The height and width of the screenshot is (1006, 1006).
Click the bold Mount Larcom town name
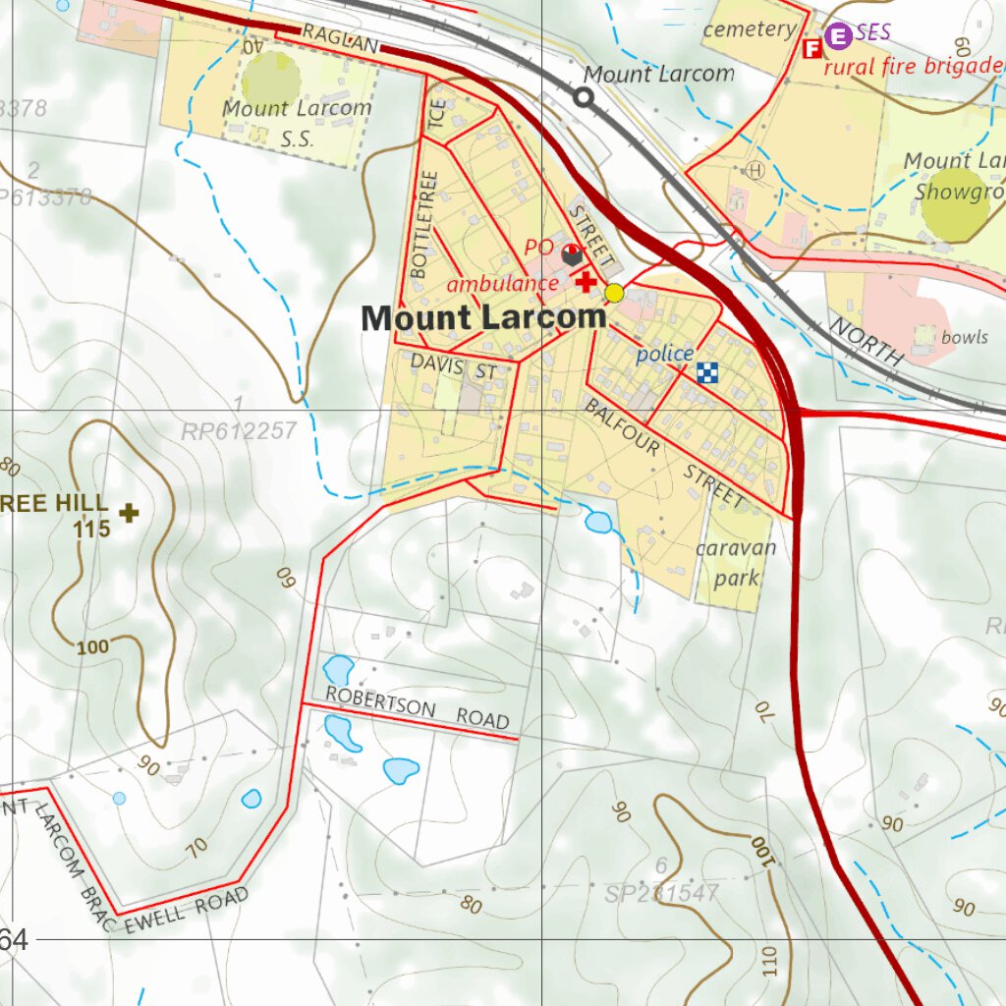[x=483, y=318]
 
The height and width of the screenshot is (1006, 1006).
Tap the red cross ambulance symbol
[x=586, y=282]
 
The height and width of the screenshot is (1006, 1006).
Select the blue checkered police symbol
[x=708, y=371]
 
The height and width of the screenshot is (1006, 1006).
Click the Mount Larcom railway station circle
[x=584, y=96]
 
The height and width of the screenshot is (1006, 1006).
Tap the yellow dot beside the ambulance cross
[x=614, y=293]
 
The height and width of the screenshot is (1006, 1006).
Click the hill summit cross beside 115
[x=129, y=512]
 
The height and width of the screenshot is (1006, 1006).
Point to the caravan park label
[x=736, y=563]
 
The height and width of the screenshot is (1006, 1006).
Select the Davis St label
[x=454, y=366]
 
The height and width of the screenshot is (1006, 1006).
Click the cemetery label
[x=750, y=29]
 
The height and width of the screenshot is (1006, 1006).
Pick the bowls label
[x=964, y=337]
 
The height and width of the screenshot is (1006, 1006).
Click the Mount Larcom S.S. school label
[x=297, y=123]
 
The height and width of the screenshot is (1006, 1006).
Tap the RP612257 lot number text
[x=239, y=431]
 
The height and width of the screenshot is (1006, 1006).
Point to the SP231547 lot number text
[x=661, y=894]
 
